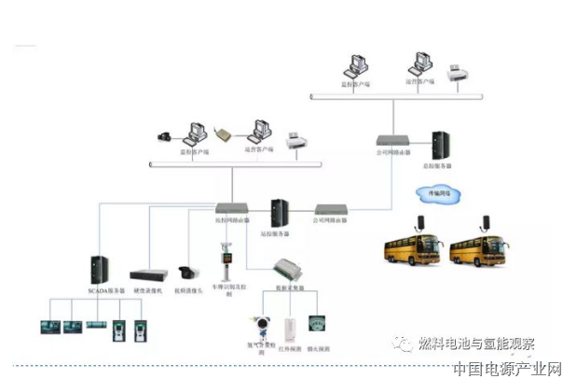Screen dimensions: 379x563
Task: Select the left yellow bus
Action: point(414,248)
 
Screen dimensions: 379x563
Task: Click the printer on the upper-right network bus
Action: point(458,73)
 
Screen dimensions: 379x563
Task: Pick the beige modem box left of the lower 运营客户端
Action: point(221,133)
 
